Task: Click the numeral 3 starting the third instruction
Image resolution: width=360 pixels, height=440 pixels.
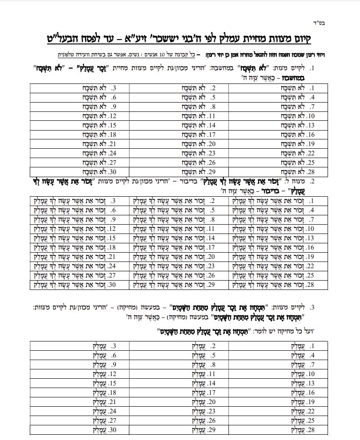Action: [x=312, y=307]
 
